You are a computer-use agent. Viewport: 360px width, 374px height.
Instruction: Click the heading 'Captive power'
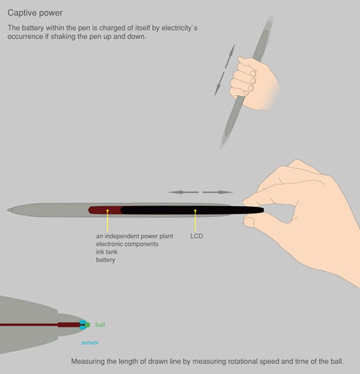35,13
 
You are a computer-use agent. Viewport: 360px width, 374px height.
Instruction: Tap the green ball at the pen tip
88,325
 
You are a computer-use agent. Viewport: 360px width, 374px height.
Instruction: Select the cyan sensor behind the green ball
83,325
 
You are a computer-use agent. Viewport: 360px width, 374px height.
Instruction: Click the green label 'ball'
100,325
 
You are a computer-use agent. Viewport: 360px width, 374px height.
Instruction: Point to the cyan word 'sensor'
90,342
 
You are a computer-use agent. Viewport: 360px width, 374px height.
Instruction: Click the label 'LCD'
196,236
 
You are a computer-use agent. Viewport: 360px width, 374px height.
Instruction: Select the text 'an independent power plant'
134,236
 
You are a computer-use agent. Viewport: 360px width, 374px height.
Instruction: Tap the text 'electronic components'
127,244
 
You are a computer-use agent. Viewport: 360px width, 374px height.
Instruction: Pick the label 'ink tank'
107,252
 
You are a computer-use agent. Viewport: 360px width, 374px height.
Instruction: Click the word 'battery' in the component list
106,260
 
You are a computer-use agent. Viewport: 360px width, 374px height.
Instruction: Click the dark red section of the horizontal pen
105,210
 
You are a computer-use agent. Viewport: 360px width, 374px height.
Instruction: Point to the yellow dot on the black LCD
195,210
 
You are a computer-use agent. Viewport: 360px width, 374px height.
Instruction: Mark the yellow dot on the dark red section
107,210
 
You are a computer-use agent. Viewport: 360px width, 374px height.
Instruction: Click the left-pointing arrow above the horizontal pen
184,192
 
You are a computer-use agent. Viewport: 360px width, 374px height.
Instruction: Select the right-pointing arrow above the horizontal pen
218,192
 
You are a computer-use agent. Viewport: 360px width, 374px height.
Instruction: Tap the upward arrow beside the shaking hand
230,56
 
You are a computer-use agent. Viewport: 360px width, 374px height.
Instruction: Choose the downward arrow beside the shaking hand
219,84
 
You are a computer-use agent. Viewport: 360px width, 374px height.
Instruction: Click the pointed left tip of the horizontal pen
8,210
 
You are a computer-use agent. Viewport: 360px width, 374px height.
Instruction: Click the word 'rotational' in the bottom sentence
243,361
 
